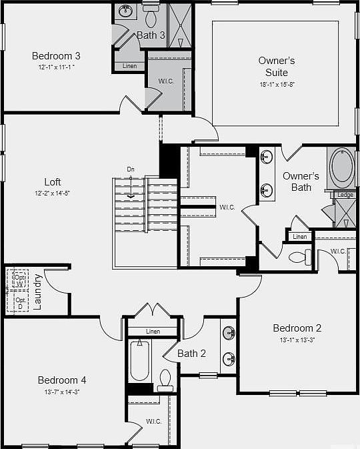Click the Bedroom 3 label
click(x=56, y=56)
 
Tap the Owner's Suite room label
click(x=277, y=66)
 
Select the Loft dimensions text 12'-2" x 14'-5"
click(x=52, y=193)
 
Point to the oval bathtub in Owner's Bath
click(x=342, y=167)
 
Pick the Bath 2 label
click(x=191, y=353)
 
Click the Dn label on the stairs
click(x=131, y=170)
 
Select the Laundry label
click(x=37, y=292)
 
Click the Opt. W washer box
click(x=19, y=278)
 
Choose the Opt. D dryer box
click(x=19, y=302)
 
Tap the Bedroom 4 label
click(x=61, y=380)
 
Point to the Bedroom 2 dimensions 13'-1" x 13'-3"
click(x=297, y=340)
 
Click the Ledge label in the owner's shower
click(x=345, y=195)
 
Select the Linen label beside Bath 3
click(x=130, y=66)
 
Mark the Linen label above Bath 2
click(x=153, y=331)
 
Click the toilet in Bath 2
click(x=165, y=380)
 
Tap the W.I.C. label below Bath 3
click(x=167, y=81)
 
